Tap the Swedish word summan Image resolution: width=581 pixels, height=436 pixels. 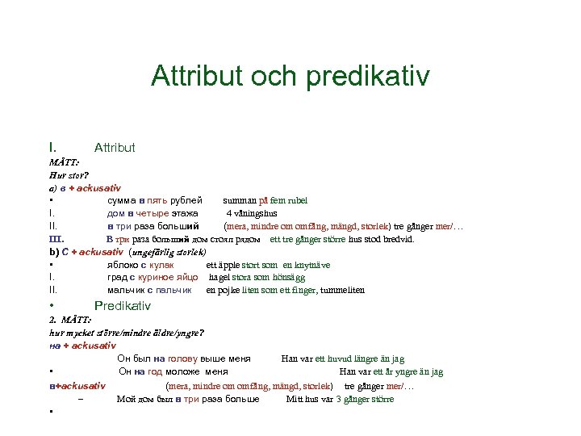click(x=239, y=200)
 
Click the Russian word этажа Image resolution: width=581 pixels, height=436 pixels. click(x=184, y=213)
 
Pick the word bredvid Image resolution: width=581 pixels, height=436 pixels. click(x=399, y=239)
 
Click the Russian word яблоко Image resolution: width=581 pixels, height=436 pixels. click(x=121, y=265)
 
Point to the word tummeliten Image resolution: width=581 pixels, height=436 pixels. click(x=344, y=290)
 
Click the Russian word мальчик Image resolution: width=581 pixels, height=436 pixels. click(x=125, y=290)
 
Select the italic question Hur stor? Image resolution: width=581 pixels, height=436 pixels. click(x=69, y=174)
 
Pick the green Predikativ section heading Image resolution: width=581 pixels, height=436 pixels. click(x=123, y=306)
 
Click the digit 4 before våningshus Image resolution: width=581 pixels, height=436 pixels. click(x=228, y=213)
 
